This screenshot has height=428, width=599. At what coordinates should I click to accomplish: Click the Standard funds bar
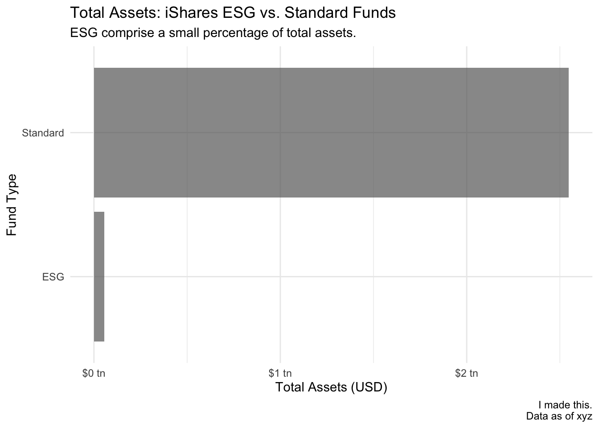click(x=331, y=133)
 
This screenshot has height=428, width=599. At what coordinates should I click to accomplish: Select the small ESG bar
click(x=99, y=276)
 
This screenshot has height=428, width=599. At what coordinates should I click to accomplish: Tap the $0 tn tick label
click(x=94, y=373)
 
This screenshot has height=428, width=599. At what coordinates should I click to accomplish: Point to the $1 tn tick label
click(x=280, y=373)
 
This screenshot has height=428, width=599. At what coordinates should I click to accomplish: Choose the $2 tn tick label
click(x=466, y=373)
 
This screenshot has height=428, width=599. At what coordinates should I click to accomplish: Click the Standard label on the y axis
click(x=43, y=133)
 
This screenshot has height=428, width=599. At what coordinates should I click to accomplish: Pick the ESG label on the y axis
click(x=53, y=277)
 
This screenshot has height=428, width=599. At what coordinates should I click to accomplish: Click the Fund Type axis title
click(x=12, y=205)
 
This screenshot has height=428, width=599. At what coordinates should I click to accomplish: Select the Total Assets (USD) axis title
click(x=331, y=387)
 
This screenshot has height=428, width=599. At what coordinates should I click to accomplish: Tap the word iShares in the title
click(x=192, y=12)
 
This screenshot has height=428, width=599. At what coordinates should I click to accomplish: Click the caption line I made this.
click(x=565, y=405)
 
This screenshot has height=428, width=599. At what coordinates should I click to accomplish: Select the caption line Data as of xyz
click(x=559, y=416)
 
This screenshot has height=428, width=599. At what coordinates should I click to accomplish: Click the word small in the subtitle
click(x=184, y=33)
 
